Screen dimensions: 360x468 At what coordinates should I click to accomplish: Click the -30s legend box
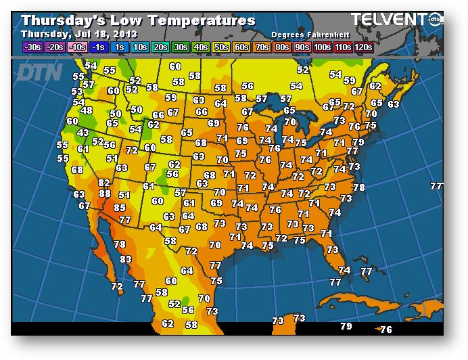click(31, 47)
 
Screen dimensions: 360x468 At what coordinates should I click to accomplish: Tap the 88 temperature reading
click(105, 194)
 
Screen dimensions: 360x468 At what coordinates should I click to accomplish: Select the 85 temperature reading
click(120, 208)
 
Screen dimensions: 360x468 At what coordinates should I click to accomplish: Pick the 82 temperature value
click(104, 183)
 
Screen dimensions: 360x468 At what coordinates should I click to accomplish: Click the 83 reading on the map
click(126, 259)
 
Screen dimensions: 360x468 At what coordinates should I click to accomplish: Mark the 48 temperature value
click(87, 110)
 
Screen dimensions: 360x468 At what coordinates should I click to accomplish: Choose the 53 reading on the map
click(77, 91)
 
